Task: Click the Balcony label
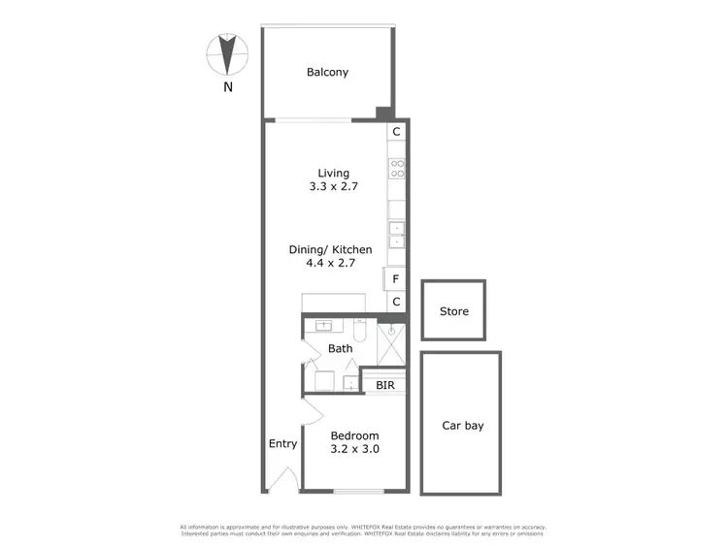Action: click(327, 72)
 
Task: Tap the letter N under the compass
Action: click(229, 87)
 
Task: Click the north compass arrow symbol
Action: click(229, 53)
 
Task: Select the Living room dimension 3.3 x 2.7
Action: click(326, 187)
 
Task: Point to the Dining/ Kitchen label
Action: click(330, 249)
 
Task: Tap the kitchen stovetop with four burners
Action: click(397, 169)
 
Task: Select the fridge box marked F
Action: click(396, 279)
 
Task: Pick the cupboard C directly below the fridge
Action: click(396, 302)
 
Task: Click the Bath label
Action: click(340, 348)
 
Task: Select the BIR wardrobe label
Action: click(385, 384)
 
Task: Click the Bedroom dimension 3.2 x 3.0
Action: click(354, 451)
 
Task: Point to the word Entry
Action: click(282, 444)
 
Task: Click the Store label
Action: click(453, 311)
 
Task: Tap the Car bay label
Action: click(462, 425)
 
